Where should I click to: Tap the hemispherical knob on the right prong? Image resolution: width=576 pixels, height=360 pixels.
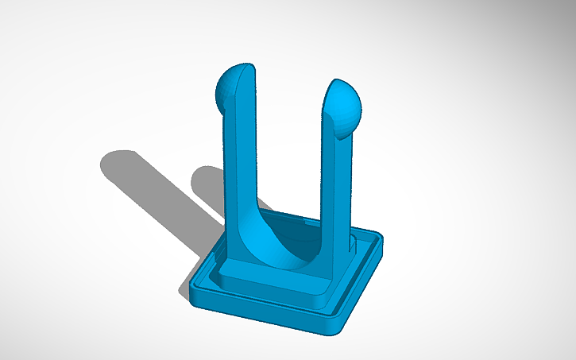pos(346,110)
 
